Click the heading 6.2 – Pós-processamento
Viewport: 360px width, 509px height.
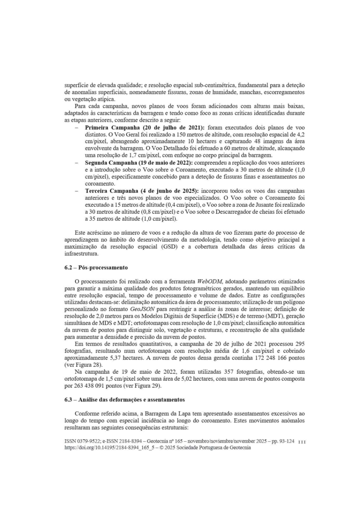(x=96, y=267)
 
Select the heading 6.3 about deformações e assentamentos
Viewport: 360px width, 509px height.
(x=125, y=400)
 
